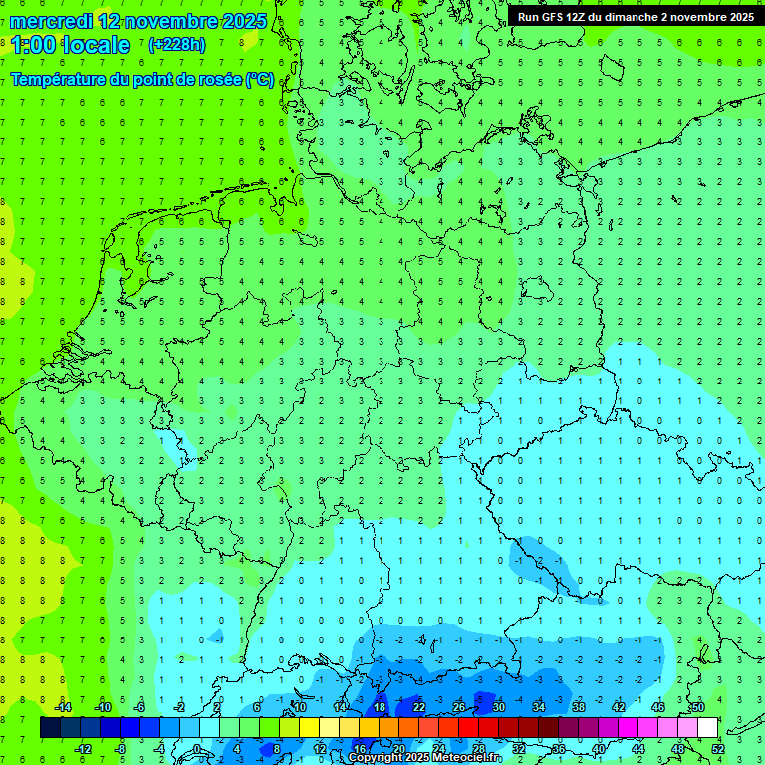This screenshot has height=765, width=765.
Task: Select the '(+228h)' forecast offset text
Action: point(177,45)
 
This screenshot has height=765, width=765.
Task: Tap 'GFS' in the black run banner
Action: point(555,17)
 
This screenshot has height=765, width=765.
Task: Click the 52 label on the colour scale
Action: point(717,749)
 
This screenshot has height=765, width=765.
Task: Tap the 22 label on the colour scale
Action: point(419,707)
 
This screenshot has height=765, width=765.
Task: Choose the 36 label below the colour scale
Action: point(558,749)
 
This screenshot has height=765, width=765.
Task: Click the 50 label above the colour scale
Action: point(697,707)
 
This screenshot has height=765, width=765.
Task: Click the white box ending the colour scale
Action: point(707,728)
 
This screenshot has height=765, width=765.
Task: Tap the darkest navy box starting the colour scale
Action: point(50,728)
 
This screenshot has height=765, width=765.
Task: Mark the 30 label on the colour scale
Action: point(499,707)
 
